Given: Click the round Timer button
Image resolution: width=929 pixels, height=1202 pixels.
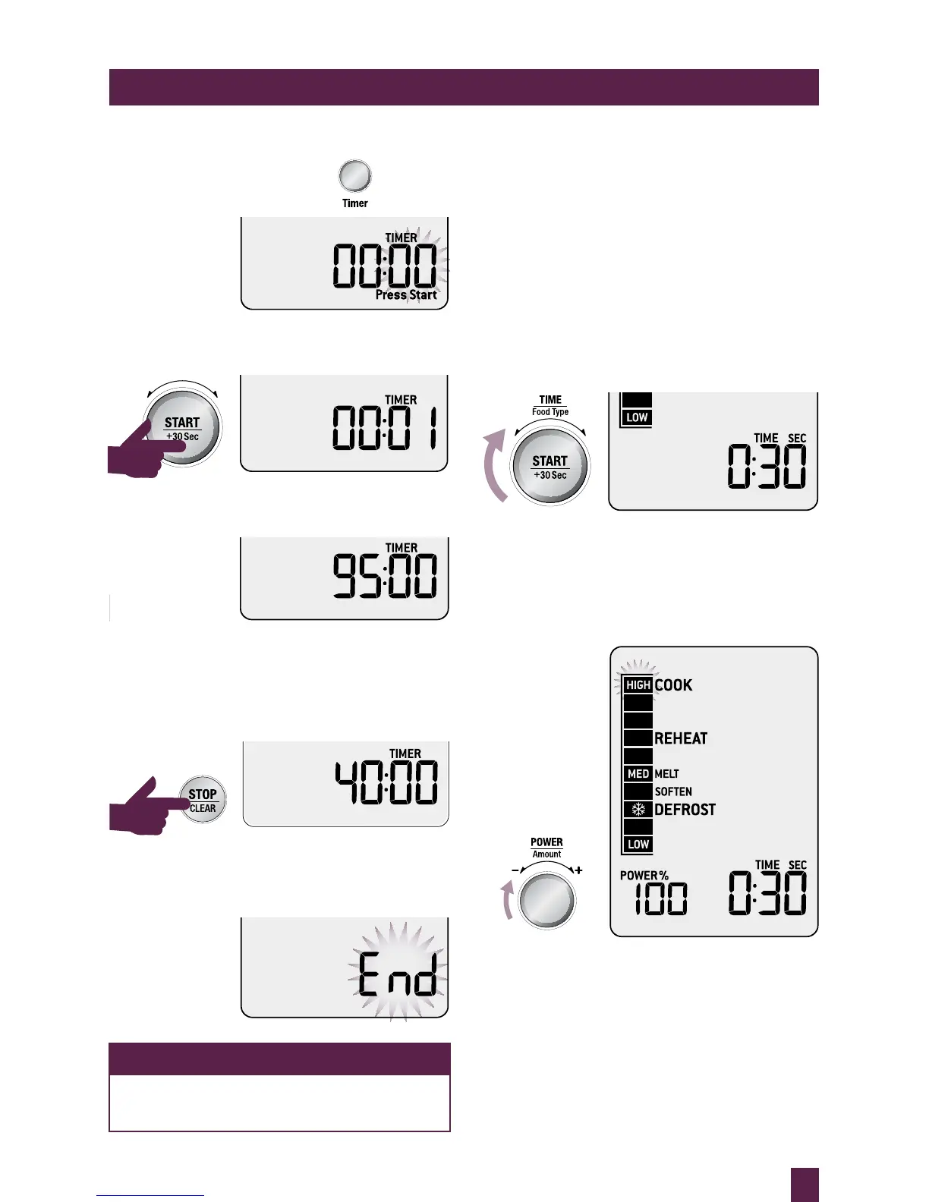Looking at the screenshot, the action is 354,176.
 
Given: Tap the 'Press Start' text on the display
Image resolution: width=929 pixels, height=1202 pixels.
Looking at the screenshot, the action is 406,294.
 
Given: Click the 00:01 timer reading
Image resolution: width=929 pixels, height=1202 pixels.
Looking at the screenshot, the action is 385,428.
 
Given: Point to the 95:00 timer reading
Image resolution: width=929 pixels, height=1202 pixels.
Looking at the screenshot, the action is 385,576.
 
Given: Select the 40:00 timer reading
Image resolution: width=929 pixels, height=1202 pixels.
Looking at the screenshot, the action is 386,782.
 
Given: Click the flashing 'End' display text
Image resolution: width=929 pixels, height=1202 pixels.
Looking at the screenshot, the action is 398,974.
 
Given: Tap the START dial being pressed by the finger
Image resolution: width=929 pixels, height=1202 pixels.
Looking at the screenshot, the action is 183,428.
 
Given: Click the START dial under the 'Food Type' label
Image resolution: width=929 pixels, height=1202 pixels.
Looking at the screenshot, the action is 550,467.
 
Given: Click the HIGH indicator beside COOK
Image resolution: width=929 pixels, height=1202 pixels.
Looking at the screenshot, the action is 638,685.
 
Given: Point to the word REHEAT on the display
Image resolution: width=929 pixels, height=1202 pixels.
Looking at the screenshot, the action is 681,738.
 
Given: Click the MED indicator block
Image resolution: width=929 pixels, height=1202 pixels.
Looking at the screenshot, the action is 638,774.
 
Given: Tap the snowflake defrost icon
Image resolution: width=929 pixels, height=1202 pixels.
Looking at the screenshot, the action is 638,810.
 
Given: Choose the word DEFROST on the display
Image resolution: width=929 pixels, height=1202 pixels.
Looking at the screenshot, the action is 685,810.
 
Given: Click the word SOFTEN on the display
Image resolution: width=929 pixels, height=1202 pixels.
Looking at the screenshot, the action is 673,791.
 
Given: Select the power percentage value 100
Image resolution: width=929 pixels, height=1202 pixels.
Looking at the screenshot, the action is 661,899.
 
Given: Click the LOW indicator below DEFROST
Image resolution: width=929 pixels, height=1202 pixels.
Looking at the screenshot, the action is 638,845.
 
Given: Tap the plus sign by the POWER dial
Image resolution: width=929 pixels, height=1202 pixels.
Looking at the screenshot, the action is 578,870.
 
